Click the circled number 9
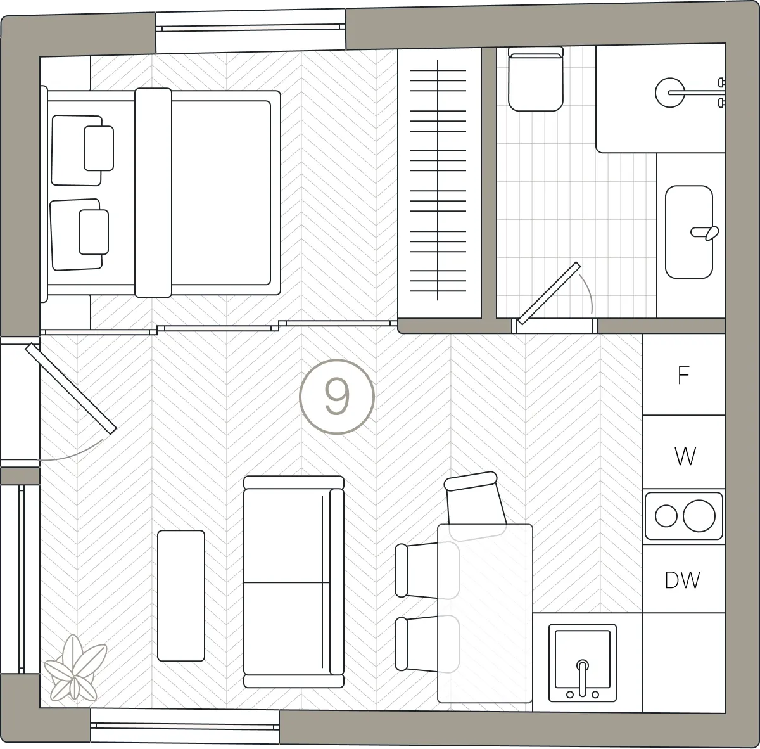pyautogui.click(x=336, y=397)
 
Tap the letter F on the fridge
pyautogui.click(x=683, y=375)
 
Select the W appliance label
pyautogui.click(x=685, y=456)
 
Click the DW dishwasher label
pyautogui.click(x=682, y=580)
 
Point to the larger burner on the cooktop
pyautogui.click(x=699, y=516)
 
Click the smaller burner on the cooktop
pyautogui.click(x=666, y=516)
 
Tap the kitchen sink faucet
pyautogui.click(x=583, y=679)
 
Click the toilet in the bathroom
pyautogui.click(x=536, y=79)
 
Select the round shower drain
pyautogui.click(x=669, y=93)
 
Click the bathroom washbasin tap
pyautogui.click(x=705, y=233)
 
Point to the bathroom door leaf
pyautogui.click(x=549, y=293)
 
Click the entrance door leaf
pyautogui.click(x=71, y=388)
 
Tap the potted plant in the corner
pyautogui.click(x=75, y=668)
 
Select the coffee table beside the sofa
pyautogui.click(x=181, y=596)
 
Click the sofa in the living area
pyautogui.click(x=294, y=582)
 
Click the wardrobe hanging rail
pyautogui.click(x=438, y=180)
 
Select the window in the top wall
pyautogui.click(x=250, y=31)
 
